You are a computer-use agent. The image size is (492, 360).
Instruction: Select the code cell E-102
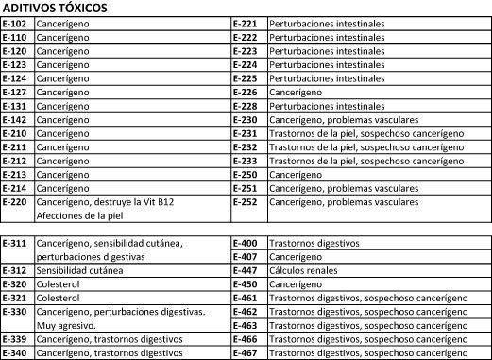(x=15, y=23)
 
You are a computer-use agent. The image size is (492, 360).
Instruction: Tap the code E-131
(x=15, y=106)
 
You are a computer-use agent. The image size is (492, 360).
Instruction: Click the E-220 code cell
(x=15, y=202)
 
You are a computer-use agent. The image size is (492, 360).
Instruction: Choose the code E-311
(x=15, y=243)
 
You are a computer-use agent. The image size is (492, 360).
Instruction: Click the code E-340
(x=15, y=352)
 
